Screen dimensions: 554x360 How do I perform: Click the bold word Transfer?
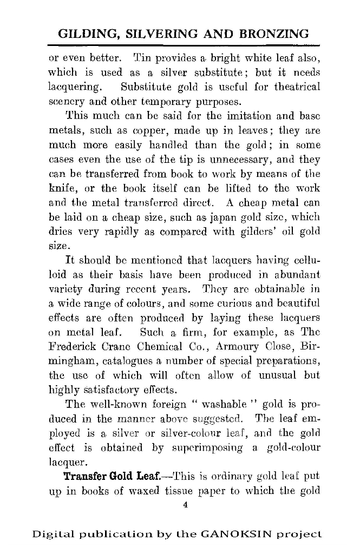pyautogui.click(x=84, y=477)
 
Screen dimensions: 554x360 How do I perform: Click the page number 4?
pyautogui.click(x=185, y=505)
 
